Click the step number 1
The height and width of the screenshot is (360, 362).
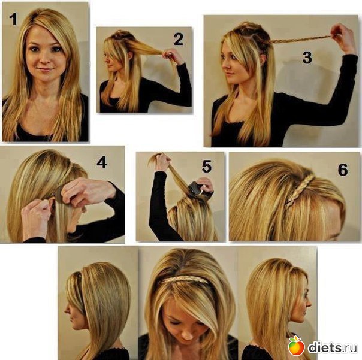tap(13, 19)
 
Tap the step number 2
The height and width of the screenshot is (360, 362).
tap(179, 39)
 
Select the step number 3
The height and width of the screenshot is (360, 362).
tap(307, 58)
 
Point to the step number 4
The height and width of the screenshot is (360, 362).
tap(101, 162)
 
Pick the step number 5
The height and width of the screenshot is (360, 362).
tap(207, 167)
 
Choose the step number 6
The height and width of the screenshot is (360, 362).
tap(343, 170)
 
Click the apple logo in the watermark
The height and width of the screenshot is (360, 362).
tap(296, 346)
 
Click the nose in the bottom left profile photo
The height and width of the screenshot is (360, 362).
tap(67, 310)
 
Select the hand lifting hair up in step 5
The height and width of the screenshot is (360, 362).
tap(162, 162)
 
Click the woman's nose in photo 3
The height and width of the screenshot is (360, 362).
tap(224, 65)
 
